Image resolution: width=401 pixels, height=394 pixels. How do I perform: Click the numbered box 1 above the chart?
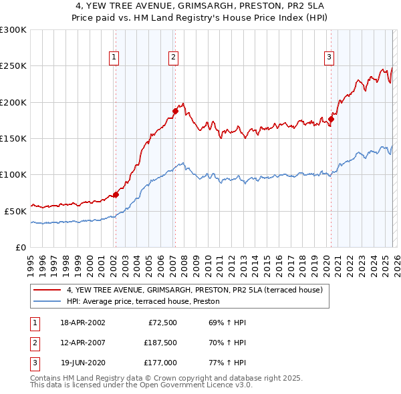tap(115, 58)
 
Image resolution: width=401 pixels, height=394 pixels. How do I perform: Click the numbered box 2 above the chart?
tap(173, 58)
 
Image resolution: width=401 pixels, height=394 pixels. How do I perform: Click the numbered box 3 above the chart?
tap(329, 58)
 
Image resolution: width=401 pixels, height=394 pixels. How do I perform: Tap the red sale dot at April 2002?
tap(116, 195)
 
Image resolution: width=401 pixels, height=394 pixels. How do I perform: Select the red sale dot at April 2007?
tap(174, 112)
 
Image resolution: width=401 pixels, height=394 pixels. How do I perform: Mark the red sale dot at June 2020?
tap(331, 120)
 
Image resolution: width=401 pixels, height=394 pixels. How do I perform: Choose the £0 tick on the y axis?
tap(21, 247)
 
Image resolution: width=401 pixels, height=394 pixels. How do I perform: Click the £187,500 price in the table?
tap(160, 343)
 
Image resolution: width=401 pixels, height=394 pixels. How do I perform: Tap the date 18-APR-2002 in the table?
tap(83, 323)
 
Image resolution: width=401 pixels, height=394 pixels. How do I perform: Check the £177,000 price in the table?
tap(160, 364)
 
